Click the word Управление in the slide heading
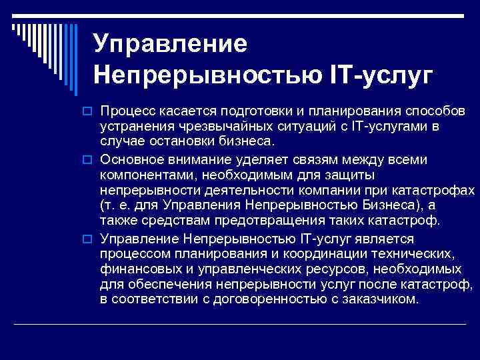171,43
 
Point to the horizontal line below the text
240,324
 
